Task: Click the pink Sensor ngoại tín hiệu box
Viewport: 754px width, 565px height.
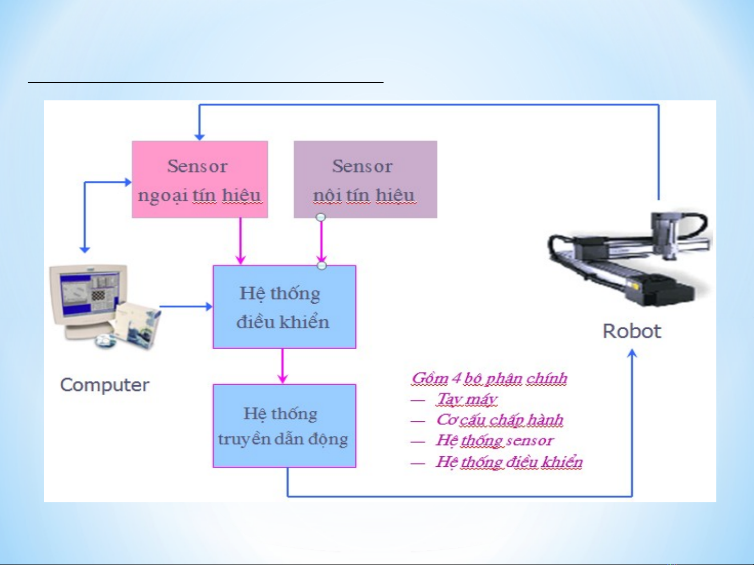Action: click(x=199, y=179)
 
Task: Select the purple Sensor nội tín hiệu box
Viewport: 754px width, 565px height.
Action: click(x=365, y=179)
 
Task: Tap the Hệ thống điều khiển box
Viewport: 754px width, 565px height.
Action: click(x=284, y=307)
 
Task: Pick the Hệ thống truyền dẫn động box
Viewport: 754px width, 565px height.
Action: click(x=284, y=425)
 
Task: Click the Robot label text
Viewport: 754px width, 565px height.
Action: click(x=632, y=331)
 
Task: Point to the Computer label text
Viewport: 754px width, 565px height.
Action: click(x=105, y=385)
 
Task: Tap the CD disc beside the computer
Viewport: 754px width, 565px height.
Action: click(x=106, y=340)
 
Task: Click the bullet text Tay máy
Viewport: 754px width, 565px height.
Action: click(x=467, y=399)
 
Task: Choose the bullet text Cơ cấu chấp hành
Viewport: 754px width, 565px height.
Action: click(x=500, y=420)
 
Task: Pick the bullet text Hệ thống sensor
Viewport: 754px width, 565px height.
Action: click(x=494, y=441)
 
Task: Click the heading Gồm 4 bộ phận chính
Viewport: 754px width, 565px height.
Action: click(x=489, y=378)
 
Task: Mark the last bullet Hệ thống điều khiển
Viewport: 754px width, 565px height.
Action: click(x=509, y=462)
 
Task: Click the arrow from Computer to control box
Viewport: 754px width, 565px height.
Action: click(x=186, y=306)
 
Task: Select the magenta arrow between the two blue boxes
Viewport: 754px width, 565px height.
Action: click(x=283, y=366)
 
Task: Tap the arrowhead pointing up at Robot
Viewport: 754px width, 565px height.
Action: click(x=632, y=354)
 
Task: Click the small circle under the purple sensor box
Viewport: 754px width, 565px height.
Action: click(x=321, y=217)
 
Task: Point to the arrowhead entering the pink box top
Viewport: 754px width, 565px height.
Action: click(x=199, y=137)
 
